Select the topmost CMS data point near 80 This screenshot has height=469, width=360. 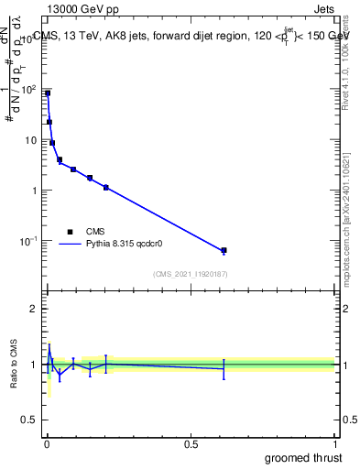[48, 93]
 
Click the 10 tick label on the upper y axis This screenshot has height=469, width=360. [32, 140]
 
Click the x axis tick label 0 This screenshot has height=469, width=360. [47, 444]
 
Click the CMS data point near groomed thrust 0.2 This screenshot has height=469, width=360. [106, 187]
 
